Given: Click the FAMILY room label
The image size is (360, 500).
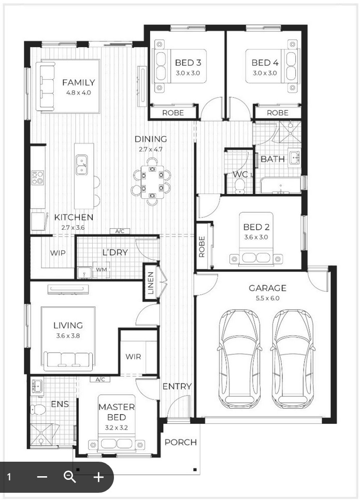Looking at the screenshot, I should tap(78, 82).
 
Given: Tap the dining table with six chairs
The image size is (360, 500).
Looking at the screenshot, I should tap(151, 182).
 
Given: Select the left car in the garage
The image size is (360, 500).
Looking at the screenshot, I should tap(239, 358).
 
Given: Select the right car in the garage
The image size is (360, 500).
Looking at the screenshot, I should tap(292, 358).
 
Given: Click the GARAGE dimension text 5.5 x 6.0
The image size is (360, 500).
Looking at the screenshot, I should tap(267, 298).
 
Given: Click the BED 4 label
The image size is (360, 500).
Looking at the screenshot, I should tap(265, 63).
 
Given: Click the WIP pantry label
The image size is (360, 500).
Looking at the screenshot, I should tap(57, 253).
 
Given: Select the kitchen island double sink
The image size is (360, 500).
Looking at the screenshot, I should tap(81, 165).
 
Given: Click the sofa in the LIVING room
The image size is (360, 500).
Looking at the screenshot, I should tap(68, 359).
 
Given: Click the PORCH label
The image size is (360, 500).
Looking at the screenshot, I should tap(180, 442).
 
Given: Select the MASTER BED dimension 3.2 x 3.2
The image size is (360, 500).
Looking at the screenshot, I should tap(117, 428).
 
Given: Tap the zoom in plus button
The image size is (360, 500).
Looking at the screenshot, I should tap(98, 477).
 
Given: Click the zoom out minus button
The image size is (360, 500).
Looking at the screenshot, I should tap(42, 477).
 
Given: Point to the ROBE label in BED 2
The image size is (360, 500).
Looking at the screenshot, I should tap(201, 247).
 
